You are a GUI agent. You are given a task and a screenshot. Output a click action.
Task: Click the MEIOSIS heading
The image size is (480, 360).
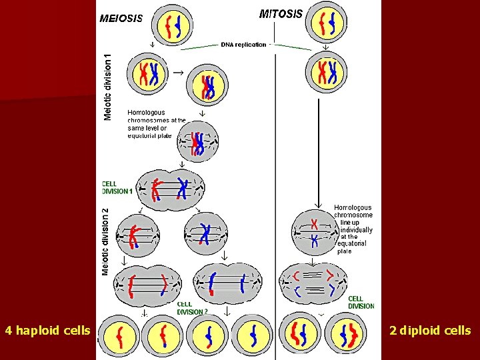(x=121, y=19)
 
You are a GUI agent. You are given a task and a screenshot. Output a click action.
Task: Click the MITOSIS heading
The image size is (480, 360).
(x=280, y=13)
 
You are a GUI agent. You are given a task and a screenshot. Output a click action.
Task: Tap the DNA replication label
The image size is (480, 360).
(x=243, y=45)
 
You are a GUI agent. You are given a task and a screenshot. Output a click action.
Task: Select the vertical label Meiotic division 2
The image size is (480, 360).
(x=105, y=240)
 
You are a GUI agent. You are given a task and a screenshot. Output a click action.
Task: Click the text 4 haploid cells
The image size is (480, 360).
(x=47, y=330)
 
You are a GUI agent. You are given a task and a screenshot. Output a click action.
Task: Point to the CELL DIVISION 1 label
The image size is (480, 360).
(x=117, y=187)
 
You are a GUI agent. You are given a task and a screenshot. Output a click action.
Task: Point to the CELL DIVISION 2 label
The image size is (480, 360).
(x=193, y=308)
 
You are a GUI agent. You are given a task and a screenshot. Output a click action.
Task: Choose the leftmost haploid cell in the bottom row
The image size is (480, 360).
(x=119, y=336)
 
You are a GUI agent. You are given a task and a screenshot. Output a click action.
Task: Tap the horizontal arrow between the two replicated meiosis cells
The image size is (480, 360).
(x=178, y=71)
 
